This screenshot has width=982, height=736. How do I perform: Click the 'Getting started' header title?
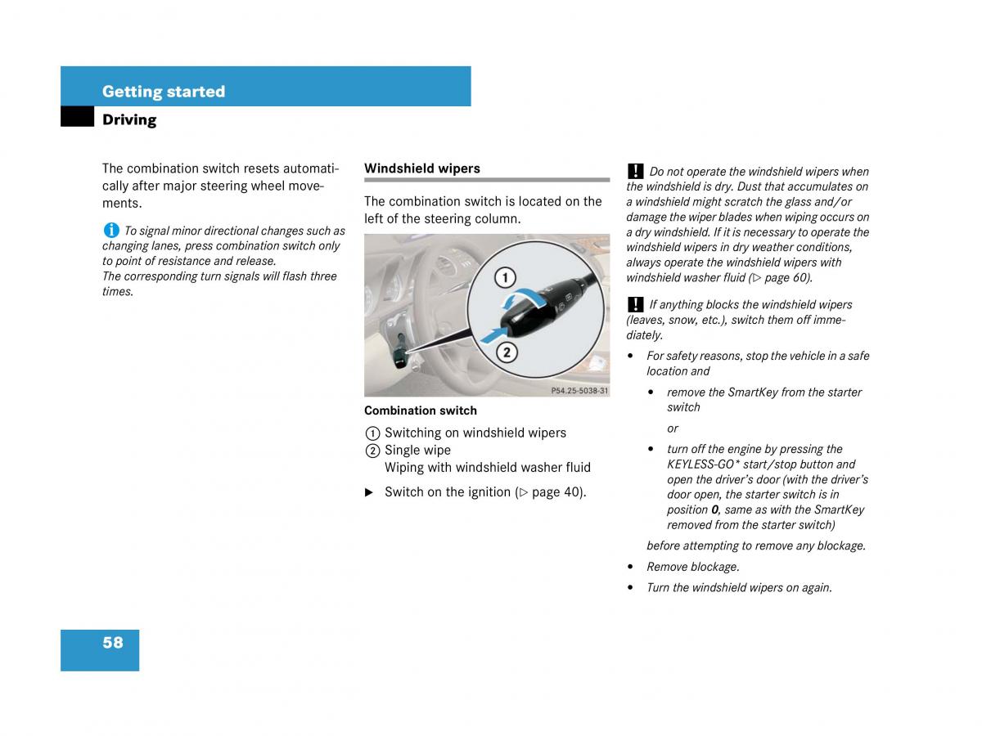coord(164,92)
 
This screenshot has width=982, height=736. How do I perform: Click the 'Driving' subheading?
coord(129,119)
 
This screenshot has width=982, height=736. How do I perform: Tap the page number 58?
coord(113,643)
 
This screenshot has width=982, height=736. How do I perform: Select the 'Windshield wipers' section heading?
coord(422,168)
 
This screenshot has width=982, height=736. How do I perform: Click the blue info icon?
coord(110,231)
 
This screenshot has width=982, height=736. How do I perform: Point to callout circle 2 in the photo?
coord(507,352)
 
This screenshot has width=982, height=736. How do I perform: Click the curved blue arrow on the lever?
coord(522,298)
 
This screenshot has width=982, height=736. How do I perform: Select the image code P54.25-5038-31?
coord(579,391)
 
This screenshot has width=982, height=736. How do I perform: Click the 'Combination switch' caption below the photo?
coord(421,411)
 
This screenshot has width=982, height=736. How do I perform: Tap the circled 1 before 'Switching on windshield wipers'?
coord(372,433)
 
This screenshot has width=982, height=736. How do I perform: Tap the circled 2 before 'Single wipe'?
coord(372,451)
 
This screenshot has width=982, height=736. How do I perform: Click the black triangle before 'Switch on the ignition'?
coord(369,492)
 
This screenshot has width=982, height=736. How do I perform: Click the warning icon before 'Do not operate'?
coord(635,171)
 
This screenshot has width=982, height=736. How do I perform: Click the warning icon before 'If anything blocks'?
coord(635,304)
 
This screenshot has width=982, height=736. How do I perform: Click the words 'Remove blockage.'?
coord(693,567)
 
